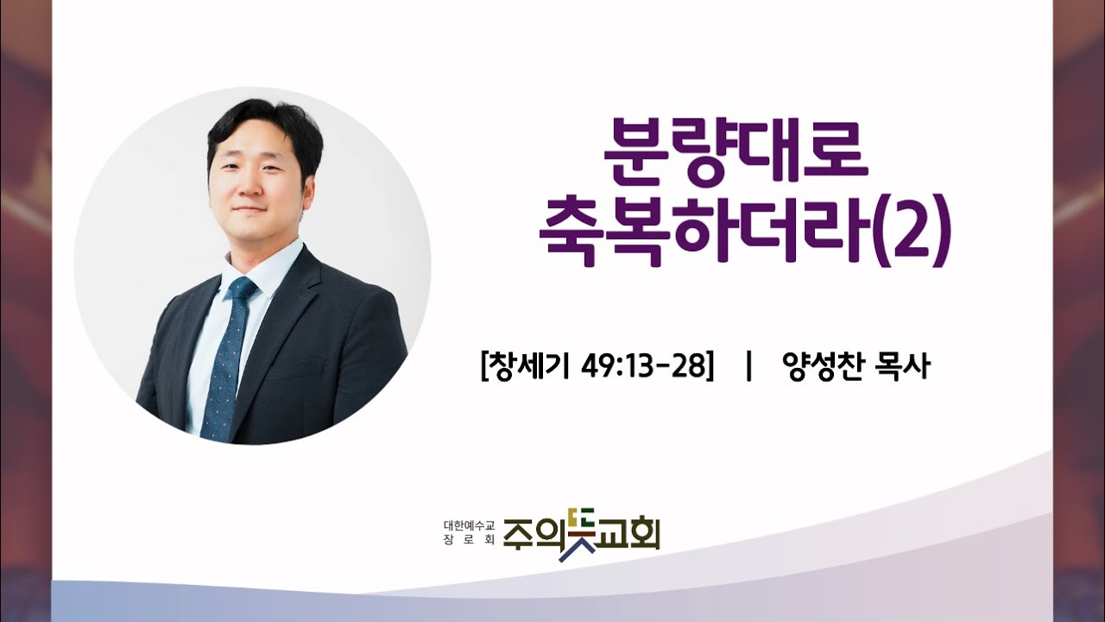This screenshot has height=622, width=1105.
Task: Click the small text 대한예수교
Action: [470, 524]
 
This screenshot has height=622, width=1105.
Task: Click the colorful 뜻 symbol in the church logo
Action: [577, 534]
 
